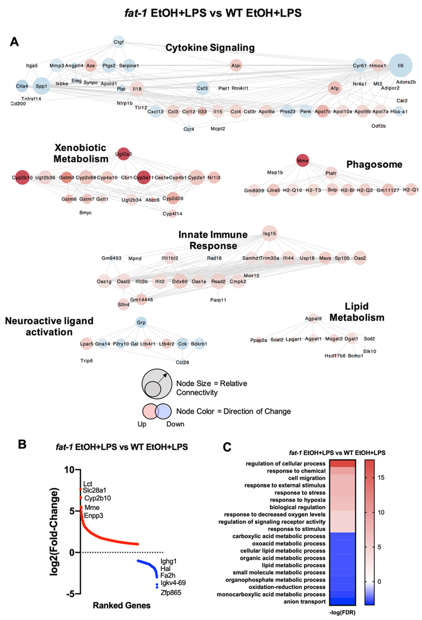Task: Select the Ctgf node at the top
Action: [119, 42]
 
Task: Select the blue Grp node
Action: [141, 322]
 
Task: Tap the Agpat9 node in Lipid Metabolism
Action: [313, 318]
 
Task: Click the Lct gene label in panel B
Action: [88, 484]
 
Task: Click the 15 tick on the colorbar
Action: [381, 477]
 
